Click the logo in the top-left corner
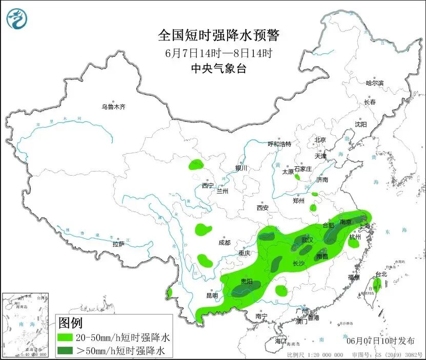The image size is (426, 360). [17, 19]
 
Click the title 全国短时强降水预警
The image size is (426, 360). [219, 35]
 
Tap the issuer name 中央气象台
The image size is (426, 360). [218, 68]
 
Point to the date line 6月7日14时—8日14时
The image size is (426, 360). [218, 52]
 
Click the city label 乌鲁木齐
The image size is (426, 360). [113, 107]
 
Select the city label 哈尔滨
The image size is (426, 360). [374, 82]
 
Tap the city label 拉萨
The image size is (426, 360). [118, 244]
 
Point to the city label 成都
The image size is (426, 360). [224, 243]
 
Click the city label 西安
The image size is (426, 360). [262, 207]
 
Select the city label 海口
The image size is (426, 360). [280, 341]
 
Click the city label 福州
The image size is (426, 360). [354, 277]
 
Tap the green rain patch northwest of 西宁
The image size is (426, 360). [196, 165]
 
